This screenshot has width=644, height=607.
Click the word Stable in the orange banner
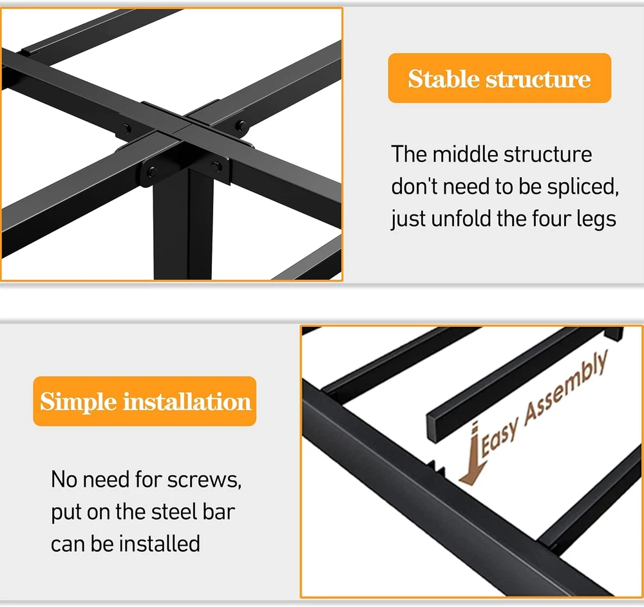tap(444, 79)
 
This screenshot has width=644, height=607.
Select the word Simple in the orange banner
tap(78, 402)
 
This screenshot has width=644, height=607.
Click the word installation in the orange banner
tap(187, 402)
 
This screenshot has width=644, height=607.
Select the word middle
tap(465, 154)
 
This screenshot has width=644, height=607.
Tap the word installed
tap(160, 544)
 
